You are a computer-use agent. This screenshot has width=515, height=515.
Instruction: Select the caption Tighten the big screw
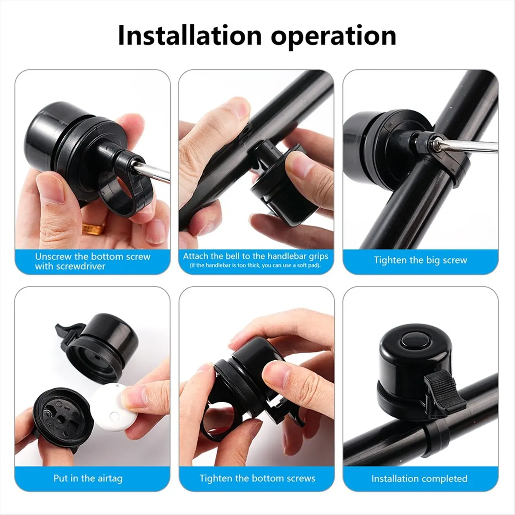(420, 260)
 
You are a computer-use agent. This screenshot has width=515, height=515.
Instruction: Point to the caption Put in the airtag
(88, 478)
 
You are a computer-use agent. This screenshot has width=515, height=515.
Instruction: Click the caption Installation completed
(419, 478)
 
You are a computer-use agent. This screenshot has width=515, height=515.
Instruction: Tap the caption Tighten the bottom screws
(257, 478)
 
